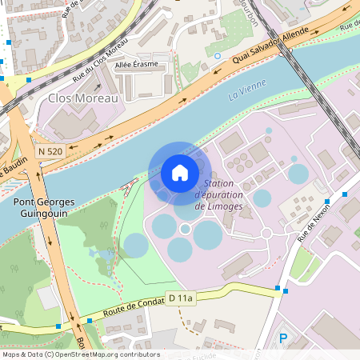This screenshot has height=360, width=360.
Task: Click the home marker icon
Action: [x=180, y=173]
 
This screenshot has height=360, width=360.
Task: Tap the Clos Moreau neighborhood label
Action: [x=83, y=98]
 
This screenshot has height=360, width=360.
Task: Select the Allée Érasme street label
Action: [x=136, y=64]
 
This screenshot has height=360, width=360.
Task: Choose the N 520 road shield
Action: [x=50, y=150]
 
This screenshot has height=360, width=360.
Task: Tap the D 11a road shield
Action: [x=181, y=298]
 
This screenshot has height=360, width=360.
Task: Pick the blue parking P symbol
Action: [x=282, y=339]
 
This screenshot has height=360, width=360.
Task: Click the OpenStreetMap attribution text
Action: [x=80, y=354]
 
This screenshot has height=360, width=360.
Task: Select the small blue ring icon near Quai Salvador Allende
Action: [x=218, y=56]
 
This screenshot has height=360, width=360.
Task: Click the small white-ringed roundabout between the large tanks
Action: [x=186, y=229]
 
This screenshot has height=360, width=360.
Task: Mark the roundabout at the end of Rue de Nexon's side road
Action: [x=266, y=234]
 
